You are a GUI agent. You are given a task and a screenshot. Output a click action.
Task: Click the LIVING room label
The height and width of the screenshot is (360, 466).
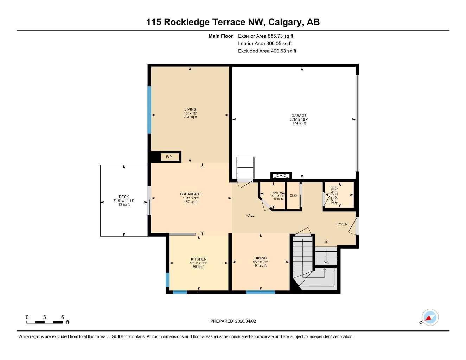click(190, 109)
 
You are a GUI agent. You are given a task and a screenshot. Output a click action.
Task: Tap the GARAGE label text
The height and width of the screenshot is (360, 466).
click(299, 116)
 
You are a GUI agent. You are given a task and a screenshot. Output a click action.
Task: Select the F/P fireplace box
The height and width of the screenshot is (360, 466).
click(169, 157)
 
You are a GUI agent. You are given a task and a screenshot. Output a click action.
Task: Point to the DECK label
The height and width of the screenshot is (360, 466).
click(124, 197)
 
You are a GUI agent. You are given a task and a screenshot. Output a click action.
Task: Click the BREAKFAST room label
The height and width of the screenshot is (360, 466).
click(191, 194)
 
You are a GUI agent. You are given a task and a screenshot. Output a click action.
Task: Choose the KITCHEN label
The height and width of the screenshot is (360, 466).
click(199, 259)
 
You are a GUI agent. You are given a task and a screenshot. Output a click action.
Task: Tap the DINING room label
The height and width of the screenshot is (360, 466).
click(261, 258)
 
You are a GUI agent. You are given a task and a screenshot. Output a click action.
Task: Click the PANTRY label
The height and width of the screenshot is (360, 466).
click(278, 193)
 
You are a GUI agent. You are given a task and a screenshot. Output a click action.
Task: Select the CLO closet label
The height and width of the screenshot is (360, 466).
click(293, 195)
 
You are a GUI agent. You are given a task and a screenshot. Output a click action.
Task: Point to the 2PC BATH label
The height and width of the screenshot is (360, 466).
click(332, 195)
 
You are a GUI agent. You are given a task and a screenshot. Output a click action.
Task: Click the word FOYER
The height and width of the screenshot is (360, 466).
click(341, 224)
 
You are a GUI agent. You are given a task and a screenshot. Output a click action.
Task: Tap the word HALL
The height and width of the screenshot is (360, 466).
click(250, 215)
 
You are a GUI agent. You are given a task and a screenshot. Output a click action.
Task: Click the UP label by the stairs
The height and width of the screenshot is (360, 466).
click(326, 242)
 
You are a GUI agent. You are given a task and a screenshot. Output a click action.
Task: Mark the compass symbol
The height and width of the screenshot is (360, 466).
click(430, 318)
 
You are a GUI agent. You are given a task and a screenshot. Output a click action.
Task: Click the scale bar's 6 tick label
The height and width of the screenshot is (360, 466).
click(63, 317)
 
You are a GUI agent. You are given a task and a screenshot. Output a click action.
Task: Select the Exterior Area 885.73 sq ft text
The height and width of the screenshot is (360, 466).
click(266, 36)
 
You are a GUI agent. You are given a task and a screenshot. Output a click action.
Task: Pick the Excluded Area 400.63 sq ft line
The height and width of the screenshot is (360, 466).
click(267, 51)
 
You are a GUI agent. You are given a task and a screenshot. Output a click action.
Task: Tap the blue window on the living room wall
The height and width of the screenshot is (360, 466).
click(149, 110)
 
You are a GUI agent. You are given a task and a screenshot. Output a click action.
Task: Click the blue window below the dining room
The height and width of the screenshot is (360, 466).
click(261, 292)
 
